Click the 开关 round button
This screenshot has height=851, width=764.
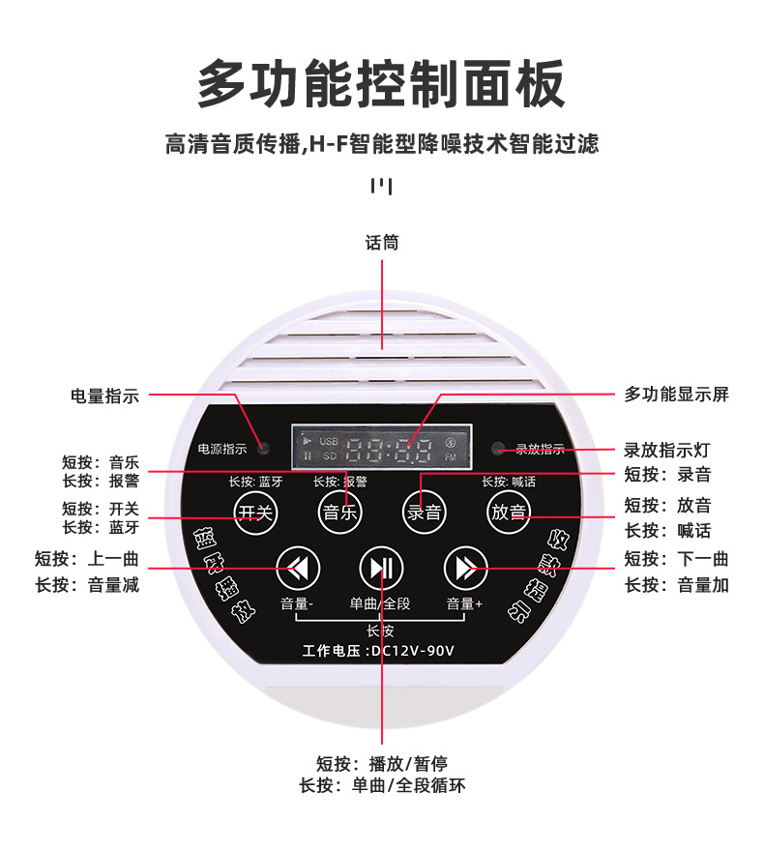[x=256, y=512]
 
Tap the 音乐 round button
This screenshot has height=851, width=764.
[x=340, y=512]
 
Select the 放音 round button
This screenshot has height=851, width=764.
[x=509, y=512]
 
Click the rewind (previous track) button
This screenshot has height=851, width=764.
[x=298, y=568]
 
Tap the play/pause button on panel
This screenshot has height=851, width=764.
[x=381, y=568]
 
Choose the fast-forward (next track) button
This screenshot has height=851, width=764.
[x=465, y=568]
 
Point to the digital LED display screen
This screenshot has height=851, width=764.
[x=382, y=448]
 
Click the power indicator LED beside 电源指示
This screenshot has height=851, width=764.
[x=262, y=449]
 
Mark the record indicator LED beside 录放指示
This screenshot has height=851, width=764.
[x=498, y=449]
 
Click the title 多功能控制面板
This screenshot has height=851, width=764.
[x=381, y=85]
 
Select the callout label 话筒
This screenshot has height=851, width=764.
[x=381, y=243]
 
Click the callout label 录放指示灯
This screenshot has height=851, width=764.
[x=668, y=450]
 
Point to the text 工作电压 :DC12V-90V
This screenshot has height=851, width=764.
[x=378, y=650]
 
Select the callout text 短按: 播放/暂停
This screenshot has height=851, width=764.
[x=381, y=762]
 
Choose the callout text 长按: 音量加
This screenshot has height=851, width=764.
[x=676, y=585]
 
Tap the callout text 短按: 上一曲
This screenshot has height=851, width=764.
[x=87, y=559]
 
